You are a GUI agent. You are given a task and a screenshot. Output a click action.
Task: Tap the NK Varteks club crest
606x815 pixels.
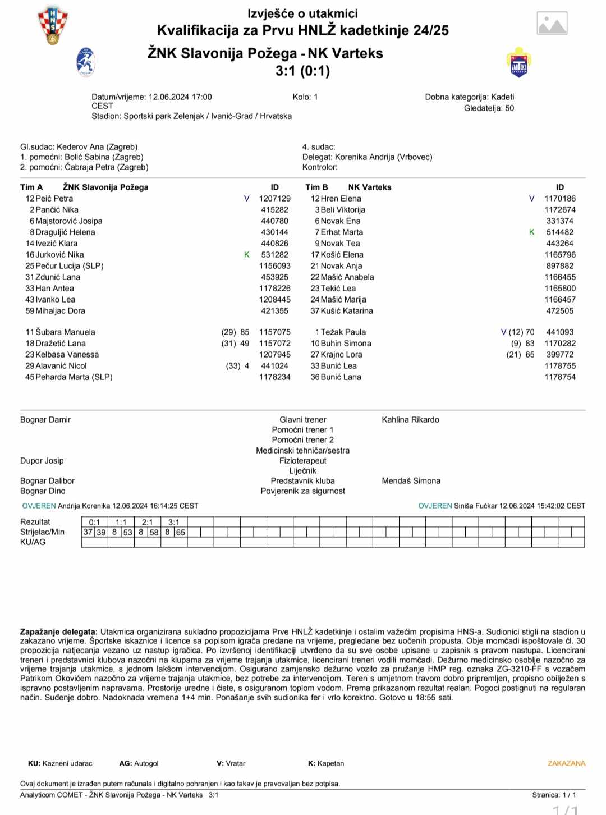pos(519,62)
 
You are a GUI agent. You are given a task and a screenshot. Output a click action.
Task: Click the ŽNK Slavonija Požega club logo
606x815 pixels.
pos(86,62)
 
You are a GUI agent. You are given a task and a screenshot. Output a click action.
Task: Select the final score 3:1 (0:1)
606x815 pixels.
pos(302,71)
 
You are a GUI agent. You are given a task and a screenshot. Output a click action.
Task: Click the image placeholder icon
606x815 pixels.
pos(552,24)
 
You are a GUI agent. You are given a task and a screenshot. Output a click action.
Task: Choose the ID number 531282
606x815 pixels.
pos(274,255)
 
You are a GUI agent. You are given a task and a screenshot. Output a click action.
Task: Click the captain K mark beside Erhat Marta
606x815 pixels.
pos(532,232)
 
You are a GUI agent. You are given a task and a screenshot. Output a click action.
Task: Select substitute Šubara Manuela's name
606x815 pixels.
pos(65,332)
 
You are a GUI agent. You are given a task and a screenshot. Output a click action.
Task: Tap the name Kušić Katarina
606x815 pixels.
pos(347,311)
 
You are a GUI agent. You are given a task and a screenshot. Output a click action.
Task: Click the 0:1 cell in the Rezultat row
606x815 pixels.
pos(94,522)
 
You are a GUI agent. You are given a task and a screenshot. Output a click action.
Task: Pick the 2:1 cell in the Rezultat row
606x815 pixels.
pos(148,522)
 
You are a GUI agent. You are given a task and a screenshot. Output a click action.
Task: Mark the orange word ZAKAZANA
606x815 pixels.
pos(566,763)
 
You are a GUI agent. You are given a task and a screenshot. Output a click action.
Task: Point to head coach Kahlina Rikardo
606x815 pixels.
pos(410,420)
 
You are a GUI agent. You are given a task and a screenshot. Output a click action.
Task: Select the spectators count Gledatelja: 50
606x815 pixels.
pos(489,108)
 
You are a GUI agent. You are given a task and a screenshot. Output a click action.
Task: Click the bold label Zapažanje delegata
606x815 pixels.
pos(59,632)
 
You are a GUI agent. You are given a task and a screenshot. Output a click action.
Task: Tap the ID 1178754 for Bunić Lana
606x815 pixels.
pos(559,377)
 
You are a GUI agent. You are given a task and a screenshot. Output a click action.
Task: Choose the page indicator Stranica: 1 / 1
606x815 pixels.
pos(554,795)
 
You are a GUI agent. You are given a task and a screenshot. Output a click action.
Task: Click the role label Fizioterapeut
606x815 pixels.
pos(302,461)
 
